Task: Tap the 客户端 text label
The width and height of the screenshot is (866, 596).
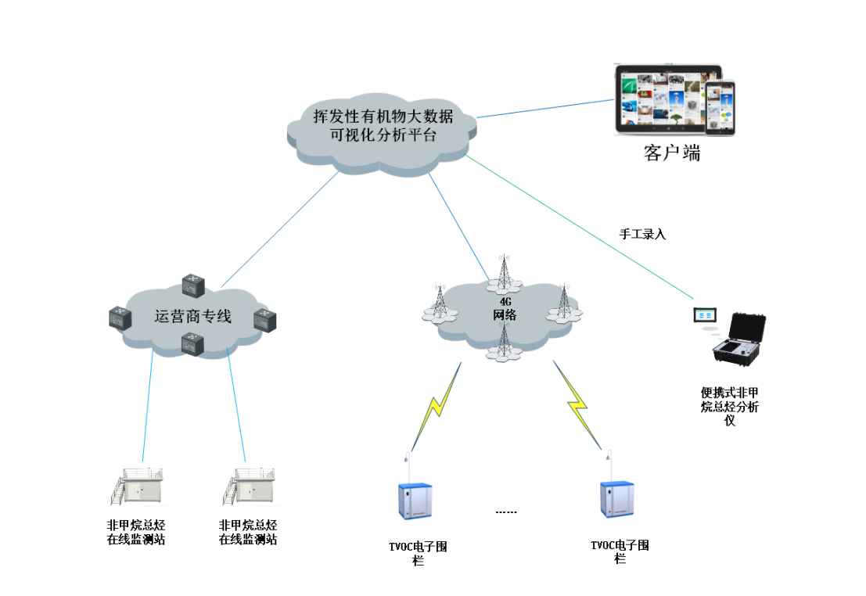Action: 671,153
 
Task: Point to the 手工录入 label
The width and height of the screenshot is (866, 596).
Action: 642,234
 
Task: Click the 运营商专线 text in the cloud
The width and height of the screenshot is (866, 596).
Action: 193,317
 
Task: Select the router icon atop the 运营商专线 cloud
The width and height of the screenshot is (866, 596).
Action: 192,284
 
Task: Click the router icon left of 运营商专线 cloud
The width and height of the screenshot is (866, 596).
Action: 120,318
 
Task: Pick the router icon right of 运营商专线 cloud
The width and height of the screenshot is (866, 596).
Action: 264,319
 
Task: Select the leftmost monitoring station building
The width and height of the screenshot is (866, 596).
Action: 135,486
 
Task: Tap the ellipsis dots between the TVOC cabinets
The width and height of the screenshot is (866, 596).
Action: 506,512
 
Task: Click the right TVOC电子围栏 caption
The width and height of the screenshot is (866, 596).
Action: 620,551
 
